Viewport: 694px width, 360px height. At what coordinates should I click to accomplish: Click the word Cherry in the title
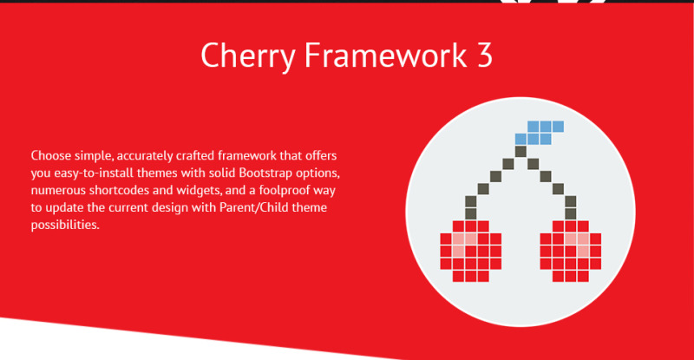(x=248, y=56)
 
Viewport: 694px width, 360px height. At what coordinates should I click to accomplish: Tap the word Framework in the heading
(x=385, y=55)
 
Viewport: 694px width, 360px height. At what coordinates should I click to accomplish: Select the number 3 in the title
(x=485, y=56)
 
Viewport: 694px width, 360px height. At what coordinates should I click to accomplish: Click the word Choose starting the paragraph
(x=51, y=155)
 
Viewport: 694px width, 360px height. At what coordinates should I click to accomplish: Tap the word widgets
(x=200, y=190)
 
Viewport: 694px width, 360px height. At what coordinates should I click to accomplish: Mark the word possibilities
(x=65, y=225)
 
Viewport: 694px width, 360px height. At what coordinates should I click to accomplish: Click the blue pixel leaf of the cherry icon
(x=540, y=133)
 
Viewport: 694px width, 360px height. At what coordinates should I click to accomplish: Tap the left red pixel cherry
(x=470, y=251)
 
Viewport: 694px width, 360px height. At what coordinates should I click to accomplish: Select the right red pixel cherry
(x=571, y=251)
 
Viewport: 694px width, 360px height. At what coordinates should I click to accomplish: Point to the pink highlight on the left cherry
(x=463, y=244)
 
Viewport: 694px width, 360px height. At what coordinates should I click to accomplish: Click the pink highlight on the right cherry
(x=578, y=244)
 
